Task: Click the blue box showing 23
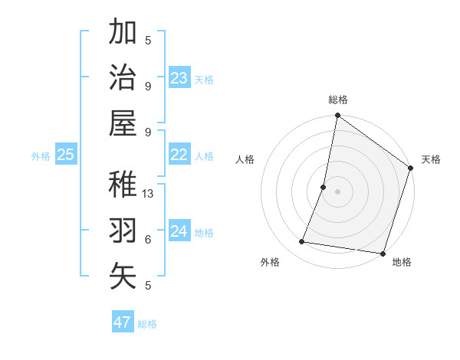click(x=179, y=78)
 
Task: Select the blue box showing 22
click(x=179, y=155)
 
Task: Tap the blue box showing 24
click(x=179, y=231)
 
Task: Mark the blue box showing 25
click(x=66, y=155)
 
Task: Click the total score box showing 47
click(x=123, y=322)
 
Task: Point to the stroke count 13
click(x=149, y=194)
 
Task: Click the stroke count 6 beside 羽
click(x=148, y=239)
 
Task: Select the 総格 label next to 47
click(x=147, y=324)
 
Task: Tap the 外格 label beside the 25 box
click(x=41, y=156)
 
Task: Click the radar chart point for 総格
click(x=337, y=116)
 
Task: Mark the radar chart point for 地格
click(x=382, y=254)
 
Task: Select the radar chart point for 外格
click(x=302, y=242)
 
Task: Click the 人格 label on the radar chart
click(x=245, y=160)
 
